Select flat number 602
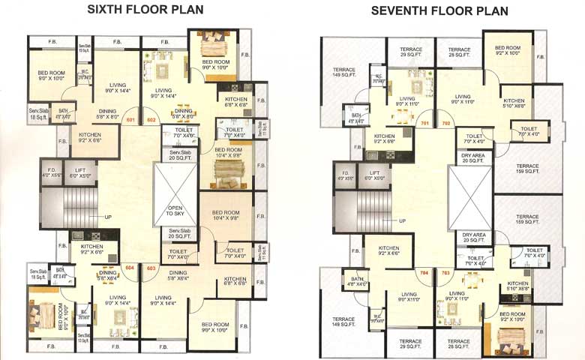click(151, 120)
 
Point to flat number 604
click(129, 267)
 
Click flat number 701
click(424, 123)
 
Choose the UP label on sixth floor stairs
click(107, 217)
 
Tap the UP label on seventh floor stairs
click(402, 220)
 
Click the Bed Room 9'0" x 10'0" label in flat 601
click(52, 75)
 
